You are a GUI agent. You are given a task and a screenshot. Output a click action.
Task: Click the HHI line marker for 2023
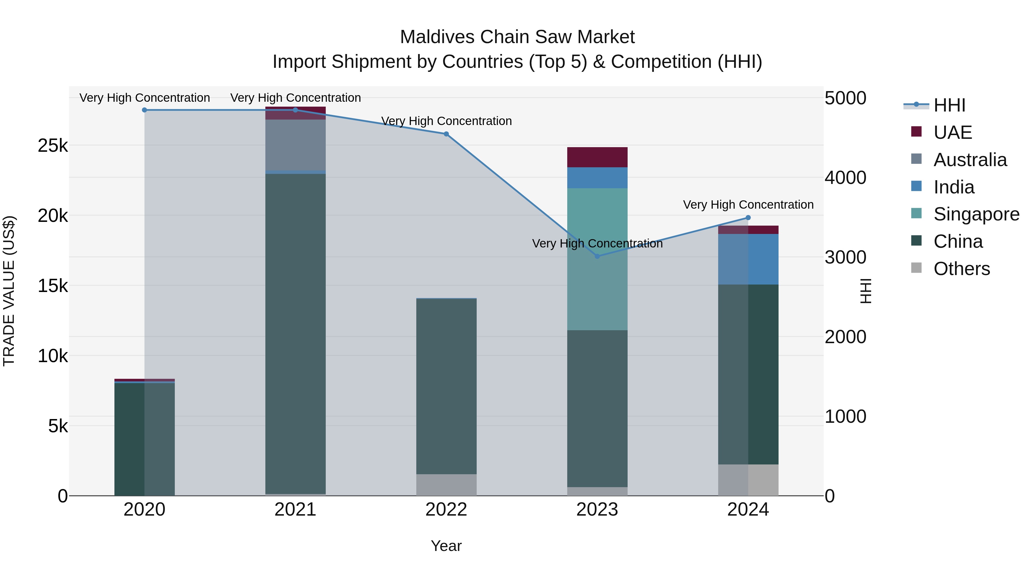point(597,256)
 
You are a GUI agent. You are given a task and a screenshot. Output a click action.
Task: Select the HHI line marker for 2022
point(446,134)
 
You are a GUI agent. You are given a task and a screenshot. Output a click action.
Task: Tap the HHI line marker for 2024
point(748,218)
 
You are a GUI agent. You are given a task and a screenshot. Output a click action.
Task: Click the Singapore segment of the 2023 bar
point(597,259)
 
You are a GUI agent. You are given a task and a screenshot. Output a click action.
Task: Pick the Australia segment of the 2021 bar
point(295,145)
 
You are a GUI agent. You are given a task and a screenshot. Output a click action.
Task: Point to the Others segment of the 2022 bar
point(446,485)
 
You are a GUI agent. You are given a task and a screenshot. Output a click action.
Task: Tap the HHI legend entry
point(949,105)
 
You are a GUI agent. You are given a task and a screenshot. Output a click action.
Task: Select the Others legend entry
point(961,269)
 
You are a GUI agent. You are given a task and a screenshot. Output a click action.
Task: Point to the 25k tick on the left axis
point(53,146)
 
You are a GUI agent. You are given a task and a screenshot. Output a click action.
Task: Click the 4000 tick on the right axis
point(845,178)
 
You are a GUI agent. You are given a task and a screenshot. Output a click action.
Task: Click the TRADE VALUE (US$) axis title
point(9,291)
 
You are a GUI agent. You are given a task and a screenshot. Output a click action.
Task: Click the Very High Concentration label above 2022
point(446,121)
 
